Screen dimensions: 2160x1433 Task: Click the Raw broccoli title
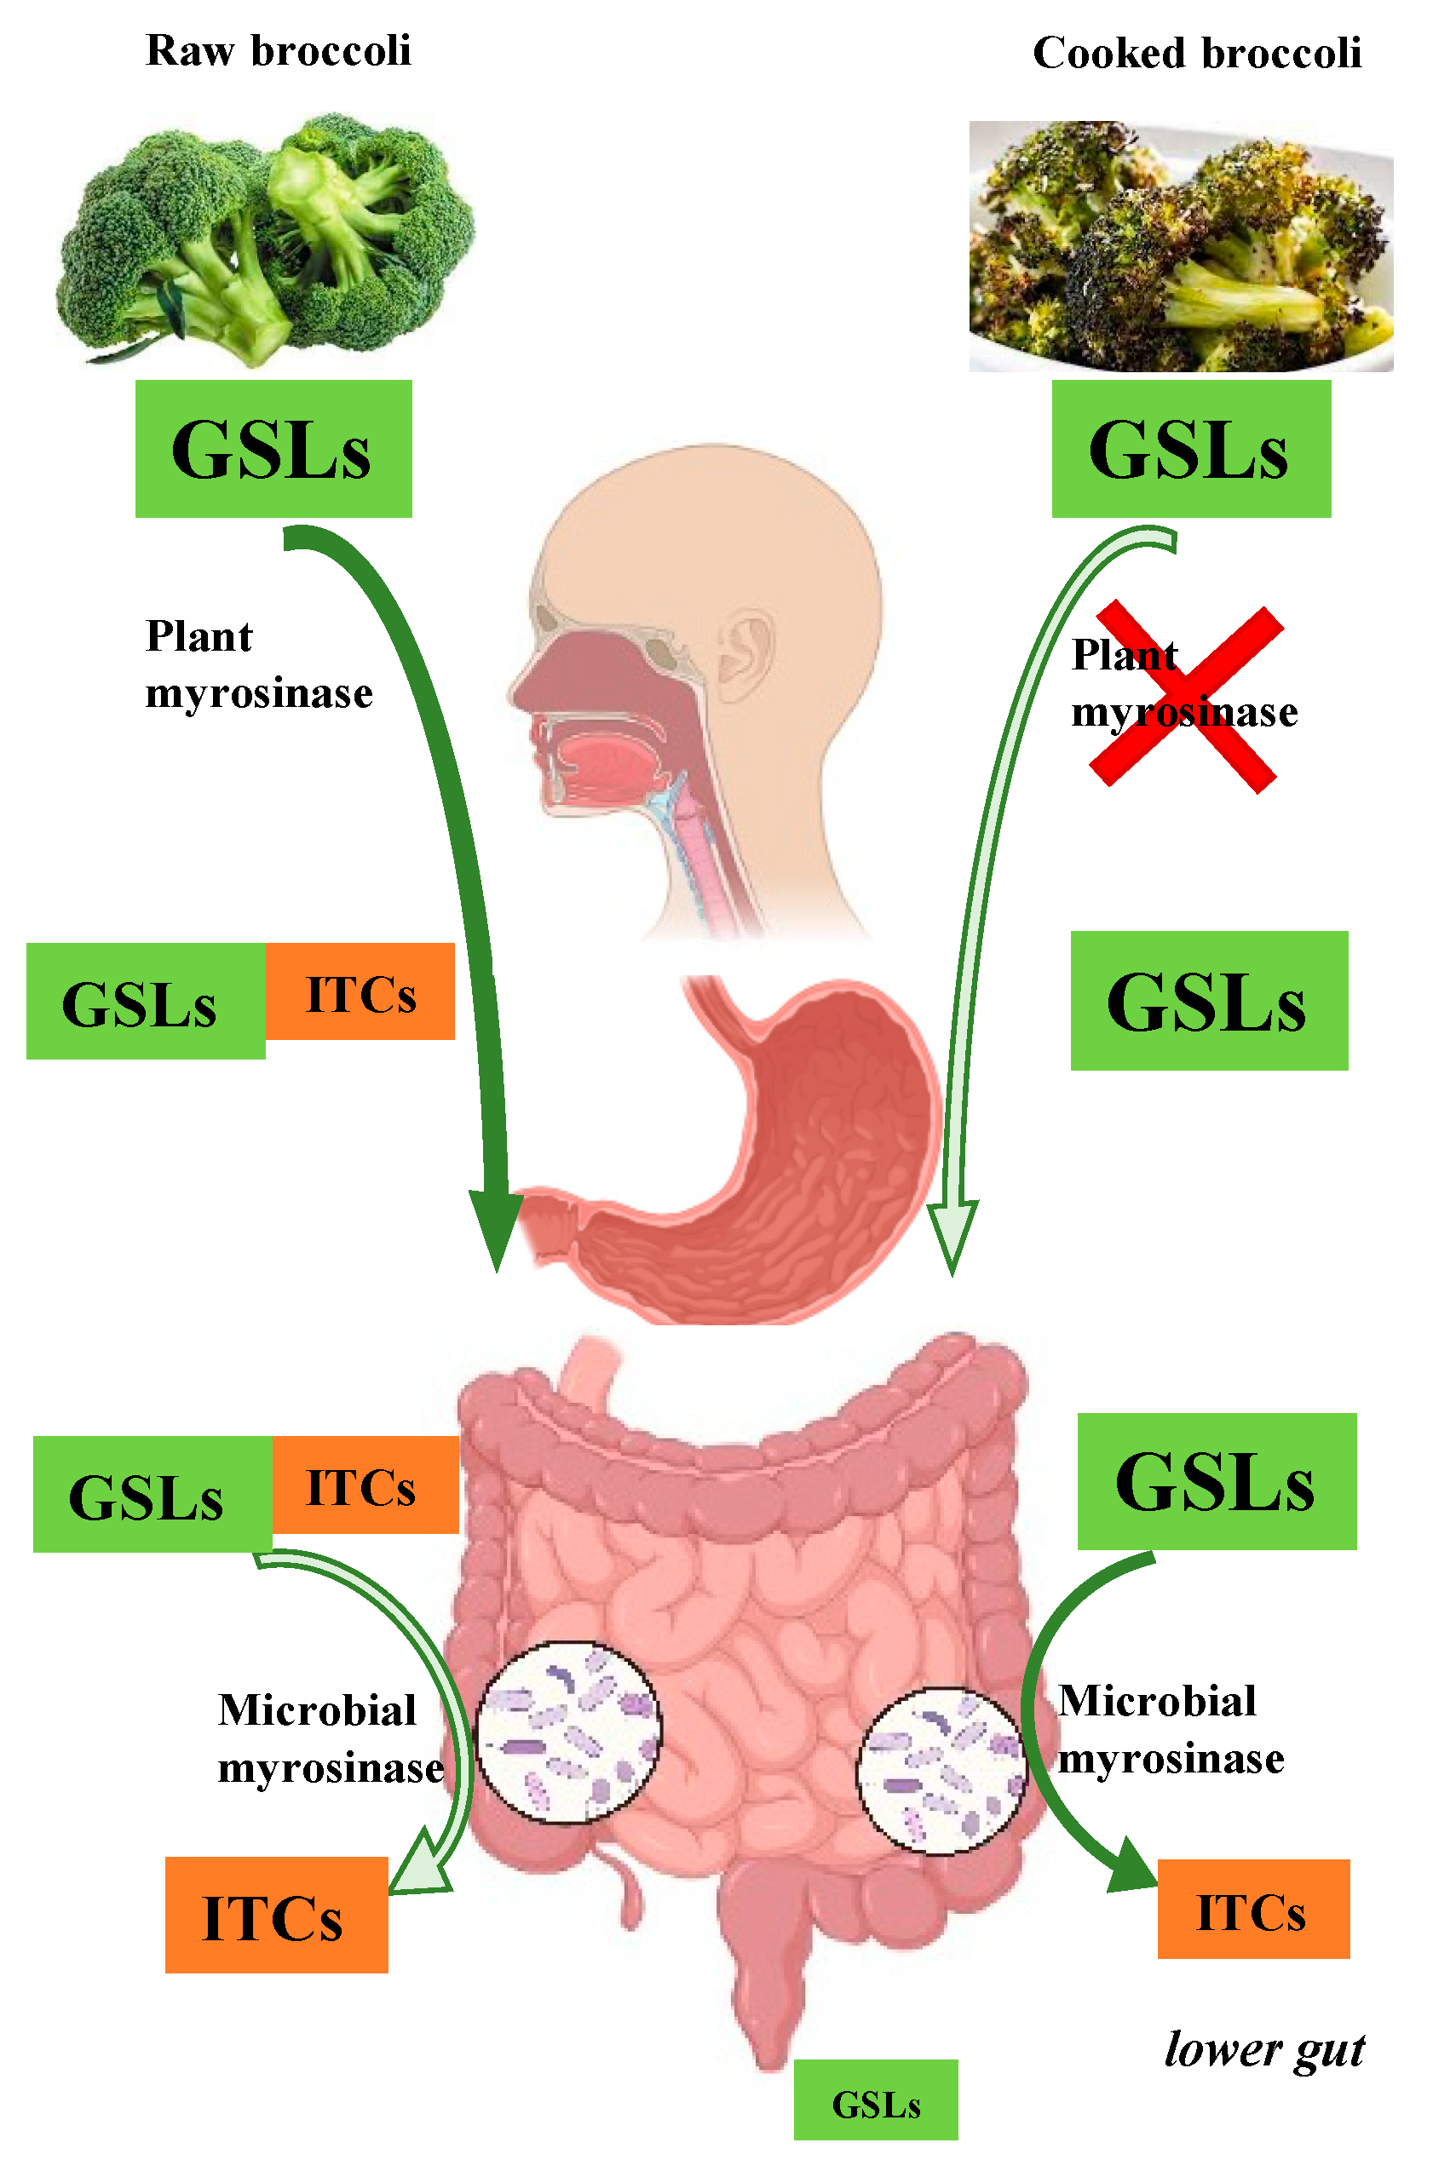(278, 51)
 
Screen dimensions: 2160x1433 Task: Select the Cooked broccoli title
(1196, 54)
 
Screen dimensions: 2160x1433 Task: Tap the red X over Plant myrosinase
(1187, 699)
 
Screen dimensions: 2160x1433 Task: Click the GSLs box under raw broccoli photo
(273, 449)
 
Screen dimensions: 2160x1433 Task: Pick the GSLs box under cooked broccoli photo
(1191, 449)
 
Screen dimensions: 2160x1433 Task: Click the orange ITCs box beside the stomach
(360, 991)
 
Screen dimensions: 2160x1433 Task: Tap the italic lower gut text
(1264, 2049)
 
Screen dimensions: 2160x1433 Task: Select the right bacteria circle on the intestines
(941, 1770)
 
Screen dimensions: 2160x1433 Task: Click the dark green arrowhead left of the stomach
(495, 1224)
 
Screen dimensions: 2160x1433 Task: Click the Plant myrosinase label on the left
(259, 664)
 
